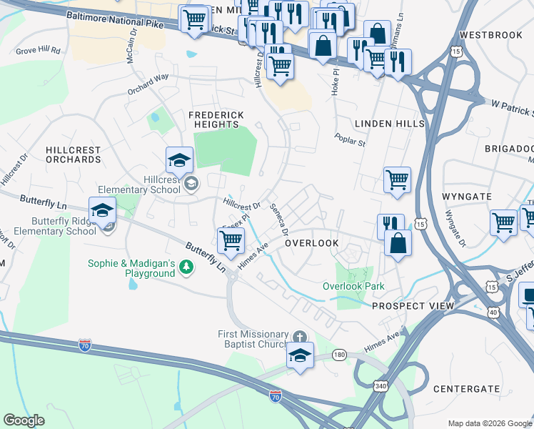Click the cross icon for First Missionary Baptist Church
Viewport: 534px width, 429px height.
[301, 335]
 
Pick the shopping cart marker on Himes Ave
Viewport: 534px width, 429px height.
[231, 242]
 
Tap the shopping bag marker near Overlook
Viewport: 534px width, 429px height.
[398, 243]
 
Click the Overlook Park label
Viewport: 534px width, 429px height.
[353, 286]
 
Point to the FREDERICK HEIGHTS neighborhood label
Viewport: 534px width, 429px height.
[216, 119]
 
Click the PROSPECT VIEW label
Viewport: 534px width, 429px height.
[403, 305]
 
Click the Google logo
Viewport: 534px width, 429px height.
[24, 420]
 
